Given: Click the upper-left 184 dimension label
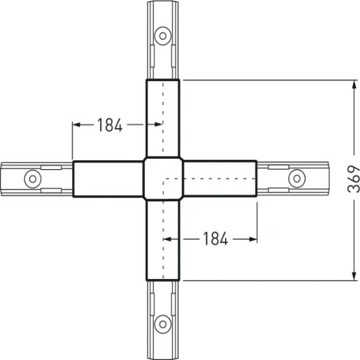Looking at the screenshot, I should tap(110, 125).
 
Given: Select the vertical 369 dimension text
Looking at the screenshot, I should tap(354, 180).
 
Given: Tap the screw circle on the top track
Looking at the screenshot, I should tap(163, 34).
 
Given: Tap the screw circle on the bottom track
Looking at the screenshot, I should tap(163, 323).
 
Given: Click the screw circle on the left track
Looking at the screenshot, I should tap(31, 178).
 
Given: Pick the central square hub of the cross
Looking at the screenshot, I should tap(163, 179).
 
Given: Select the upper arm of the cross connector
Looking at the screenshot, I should tap(163, 119).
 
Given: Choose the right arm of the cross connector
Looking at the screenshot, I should tap(221, 180).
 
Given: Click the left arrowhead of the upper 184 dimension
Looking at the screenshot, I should tap(76, 125).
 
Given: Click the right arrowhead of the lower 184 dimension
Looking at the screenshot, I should tap(254, 239).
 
